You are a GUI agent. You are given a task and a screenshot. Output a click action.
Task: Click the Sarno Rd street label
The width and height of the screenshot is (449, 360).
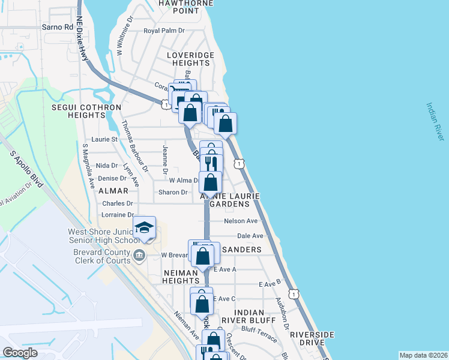58,27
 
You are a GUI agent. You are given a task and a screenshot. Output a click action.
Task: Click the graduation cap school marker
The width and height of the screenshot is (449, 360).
144,227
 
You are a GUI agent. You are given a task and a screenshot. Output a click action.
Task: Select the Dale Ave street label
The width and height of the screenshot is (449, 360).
250,236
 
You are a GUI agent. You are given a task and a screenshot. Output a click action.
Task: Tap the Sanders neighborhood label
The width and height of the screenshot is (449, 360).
241,250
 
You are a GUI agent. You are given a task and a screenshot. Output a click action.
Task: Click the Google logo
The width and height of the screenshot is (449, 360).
20,353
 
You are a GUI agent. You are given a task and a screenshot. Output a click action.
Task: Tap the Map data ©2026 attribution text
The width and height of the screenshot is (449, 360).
423,355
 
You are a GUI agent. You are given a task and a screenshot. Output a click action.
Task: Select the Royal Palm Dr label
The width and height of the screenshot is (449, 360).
163,31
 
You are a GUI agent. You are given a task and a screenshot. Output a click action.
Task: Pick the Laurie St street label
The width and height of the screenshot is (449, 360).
104,139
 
